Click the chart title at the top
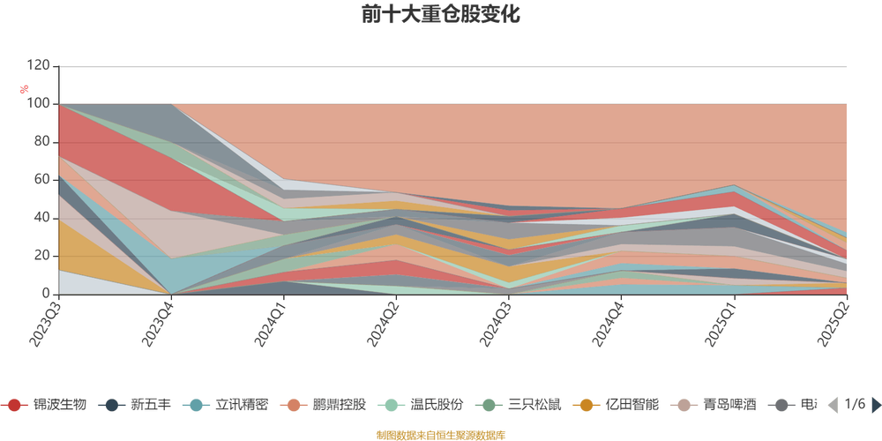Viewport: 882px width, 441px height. tap(441, 15)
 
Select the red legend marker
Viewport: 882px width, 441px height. tap(15, 406)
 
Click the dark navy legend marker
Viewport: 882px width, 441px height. tap(112, 406)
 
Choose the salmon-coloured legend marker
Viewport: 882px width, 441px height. tap(295, 406)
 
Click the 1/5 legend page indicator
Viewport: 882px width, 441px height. tap(854, 406)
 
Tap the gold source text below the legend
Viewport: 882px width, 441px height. tap(441, 434)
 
